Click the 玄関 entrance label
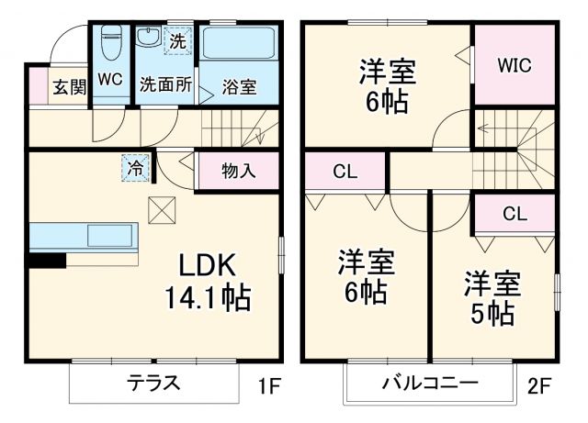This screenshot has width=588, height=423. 68,87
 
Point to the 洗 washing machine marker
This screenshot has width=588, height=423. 177,39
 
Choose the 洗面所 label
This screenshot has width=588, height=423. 165,85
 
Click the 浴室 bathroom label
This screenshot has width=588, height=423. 239,88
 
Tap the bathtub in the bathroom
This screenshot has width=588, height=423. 239,44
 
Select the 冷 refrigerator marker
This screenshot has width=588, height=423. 135,168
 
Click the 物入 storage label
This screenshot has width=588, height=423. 238,171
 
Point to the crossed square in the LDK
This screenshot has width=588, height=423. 161,210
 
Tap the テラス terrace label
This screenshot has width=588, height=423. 153,383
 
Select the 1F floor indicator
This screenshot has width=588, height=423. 268,386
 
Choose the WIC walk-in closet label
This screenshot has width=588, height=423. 514,65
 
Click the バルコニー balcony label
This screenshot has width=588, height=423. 430,383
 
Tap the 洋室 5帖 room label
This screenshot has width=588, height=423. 492,298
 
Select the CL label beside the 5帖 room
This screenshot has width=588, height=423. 514,214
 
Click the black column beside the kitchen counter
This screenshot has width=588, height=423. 46,260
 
